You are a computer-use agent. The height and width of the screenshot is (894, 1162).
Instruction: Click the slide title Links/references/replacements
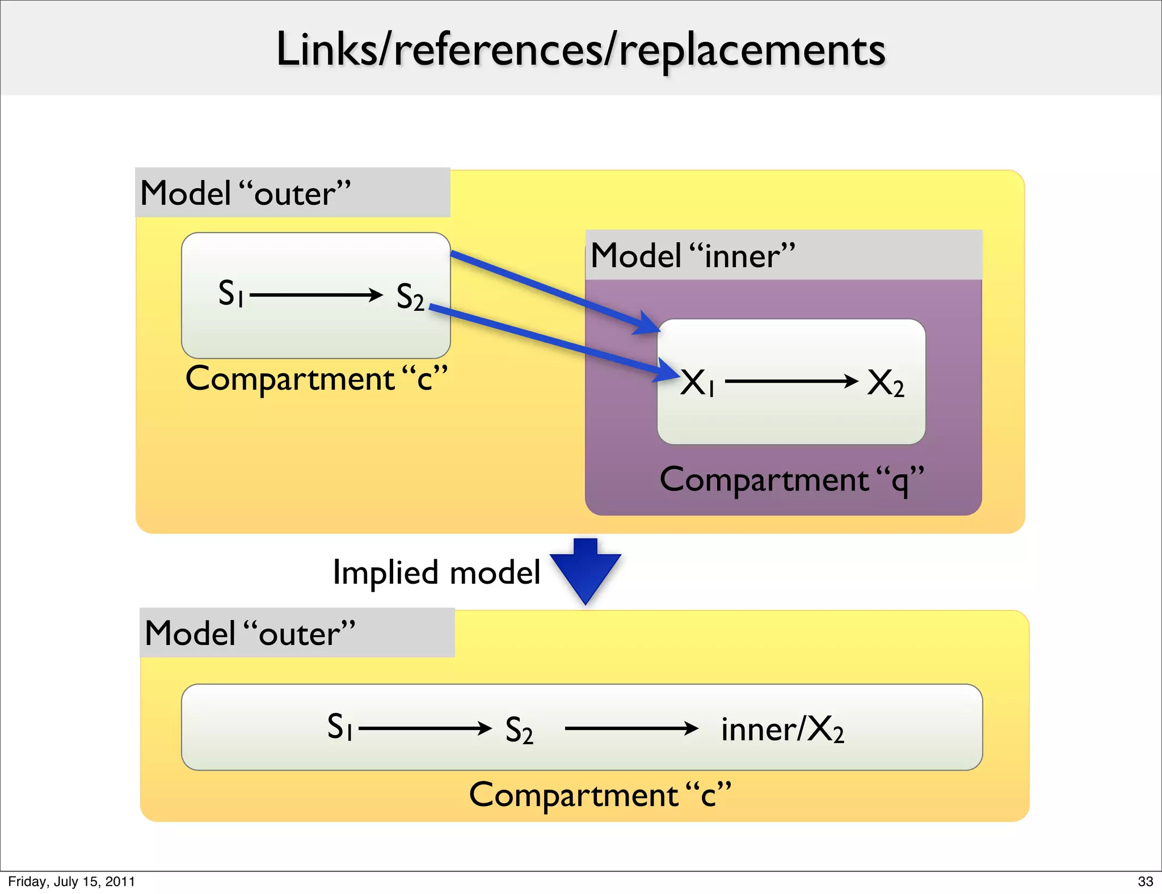(x=580, y=50)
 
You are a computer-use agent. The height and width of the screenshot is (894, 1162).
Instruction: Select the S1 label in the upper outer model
(x=231, y=293)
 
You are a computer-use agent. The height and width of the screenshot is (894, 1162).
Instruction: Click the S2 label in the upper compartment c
(x=410, y=297)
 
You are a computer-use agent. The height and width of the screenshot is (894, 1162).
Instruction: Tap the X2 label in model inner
(x=885, y=382)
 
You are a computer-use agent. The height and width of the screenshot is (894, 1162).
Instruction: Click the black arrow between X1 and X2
(x=791, y=381)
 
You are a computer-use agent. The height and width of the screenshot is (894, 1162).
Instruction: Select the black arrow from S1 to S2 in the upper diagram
(x=316, y=295)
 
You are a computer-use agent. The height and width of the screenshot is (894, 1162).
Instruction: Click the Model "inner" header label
(x=692, y=255)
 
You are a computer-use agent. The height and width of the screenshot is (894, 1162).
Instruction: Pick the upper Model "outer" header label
(x=245, y=193)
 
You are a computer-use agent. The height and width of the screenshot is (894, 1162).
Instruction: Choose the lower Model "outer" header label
(x=250, y=633)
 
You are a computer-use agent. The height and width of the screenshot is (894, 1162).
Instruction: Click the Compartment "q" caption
(x=792, y=480)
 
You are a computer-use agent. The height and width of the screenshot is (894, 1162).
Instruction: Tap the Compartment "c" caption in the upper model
(x=316, y=379)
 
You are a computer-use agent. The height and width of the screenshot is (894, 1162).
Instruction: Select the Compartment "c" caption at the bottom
(x=600, y=795)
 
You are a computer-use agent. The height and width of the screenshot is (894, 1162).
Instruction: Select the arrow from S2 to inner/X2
(x=631, y=728)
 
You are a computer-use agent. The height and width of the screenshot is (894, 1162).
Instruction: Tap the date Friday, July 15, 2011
(x=71, y=882)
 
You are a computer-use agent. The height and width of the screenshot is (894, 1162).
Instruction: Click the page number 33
(x=1145, y=882)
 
